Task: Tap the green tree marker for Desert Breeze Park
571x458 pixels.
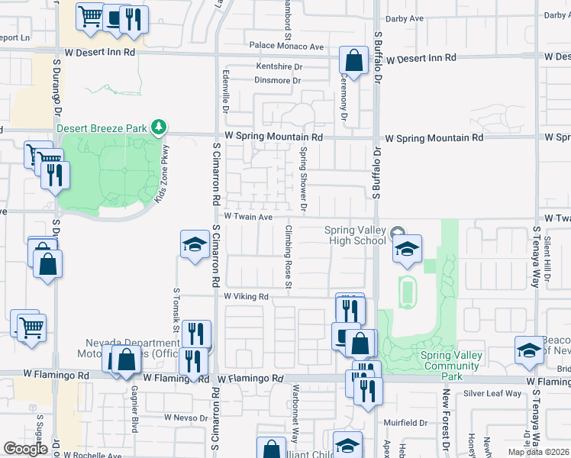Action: click(x=158, y=126)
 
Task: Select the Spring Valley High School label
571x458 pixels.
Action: click(x=356, y=236)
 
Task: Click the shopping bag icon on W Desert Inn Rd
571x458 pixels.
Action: click(x=354, y=60)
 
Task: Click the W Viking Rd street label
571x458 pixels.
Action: click(x=247, y=296)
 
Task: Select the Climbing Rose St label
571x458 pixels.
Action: click(x=289, y=257)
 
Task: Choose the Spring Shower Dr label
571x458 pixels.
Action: click(x=303, y=179)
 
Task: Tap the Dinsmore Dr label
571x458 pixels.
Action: click(x=278, y=80)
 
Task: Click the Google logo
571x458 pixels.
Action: click(x=25, y=449)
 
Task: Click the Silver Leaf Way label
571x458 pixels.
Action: click(x=492, y=394)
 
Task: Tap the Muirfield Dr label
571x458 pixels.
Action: click(x=405, y=422)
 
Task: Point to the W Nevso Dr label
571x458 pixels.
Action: click(x=186, y=418)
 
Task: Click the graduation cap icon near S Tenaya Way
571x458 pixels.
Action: click(x=529, y=350)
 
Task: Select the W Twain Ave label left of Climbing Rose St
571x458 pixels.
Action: click(x=248, y=218)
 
